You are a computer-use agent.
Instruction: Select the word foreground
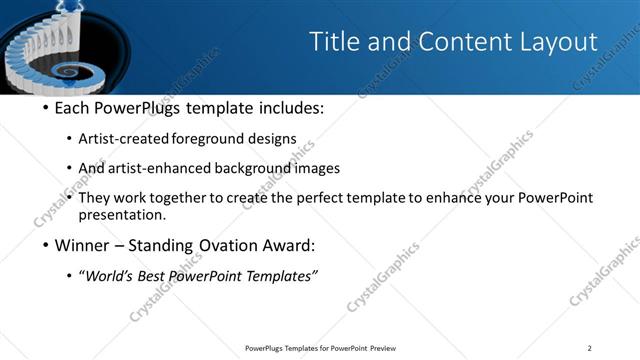[220, 139]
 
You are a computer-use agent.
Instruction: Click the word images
[320, 169]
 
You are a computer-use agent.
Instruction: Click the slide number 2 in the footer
[589, 348]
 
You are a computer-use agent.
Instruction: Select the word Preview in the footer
[383, 348]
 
